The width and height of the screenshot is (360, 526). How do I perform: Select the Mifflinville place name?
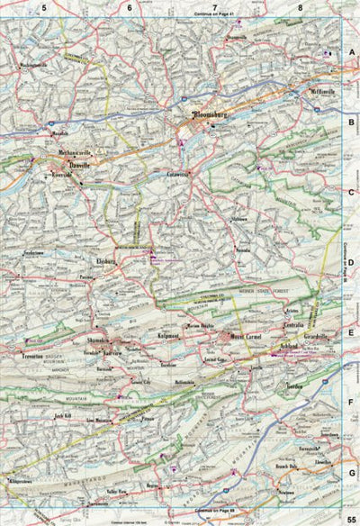321,91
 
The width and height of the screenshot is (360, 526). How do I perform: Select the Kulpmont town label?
171,335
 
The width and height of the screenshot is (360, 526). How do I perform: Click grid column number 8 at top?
299,7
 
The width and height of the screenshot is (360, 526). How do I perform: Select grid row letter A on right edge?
352,53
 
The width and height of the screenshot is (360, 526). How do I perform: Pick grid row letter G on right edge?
352,471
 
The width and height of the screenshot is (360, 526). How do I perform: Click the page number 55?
351,515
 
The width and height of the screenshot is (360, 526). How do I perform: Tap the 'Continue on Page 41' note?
213,15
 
